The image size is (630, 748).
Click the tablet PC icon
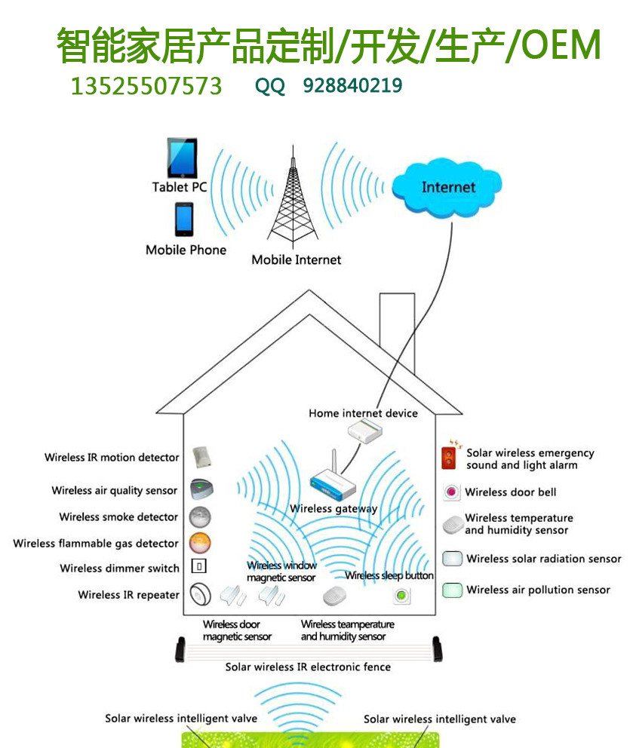tap(182, 158)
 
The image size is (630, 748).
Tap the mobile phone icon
tap(184, 219)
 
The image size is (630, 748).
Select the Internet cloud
tap(447, 188)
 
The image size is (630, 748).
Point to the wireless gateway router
tap(333, 480)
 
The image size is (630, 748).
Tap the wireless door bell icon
tap(451, 492)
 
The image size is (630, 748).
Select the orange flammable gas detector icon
tap(200, 543)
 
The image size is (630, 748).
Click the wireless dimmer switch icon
tap(199, 566)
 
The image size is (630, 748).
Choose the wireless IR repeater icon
tap(201, 594)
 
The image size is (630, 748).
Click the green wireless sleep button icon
tap(402, 596)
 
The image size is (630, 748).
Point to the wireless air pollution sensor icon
tap(452, 590)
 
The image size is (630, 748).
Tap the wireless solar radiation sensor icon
tap(452, 559)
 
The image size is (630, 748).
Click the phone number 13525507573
tap(146, 87)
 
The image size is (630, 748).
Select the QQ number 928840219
tap(352, 86)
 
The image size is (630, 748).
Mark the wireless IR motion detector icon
tap(202, 457)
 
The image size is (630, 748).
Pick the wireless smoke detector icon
tap(200, 517)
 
